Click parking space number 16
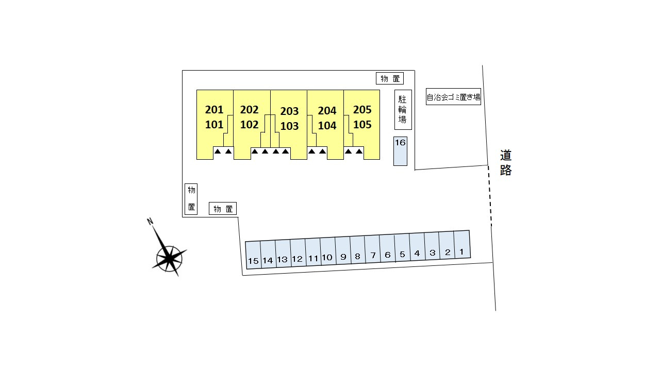tap(400, 151)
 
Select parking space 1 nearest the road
tap(462, 246)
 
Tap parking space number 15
tap(253, 255)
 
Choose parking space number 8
tap(357, 251)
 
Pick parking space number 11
tap(312, 252)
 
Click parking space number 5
tap(402, 249)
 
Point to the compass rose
tap(169, 256)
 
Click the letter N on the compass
tap(150, 222)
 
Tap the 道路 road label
tap(505, 163)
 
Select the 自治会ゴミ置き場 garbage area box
tap(453, 96)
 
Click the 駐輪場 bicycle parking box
tap(403, 110)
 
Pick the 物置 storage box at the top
tap(390, 78)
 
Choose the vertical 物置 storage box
tap(191, 198)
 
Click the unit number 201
tap(214, 109)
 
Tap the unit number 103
tap(289, 126)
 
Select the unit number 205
tap(362, 109)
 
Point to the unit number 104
tap(327, 126)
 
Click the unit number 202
tap(250, 109)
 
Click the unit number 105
tap(362, 125)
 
